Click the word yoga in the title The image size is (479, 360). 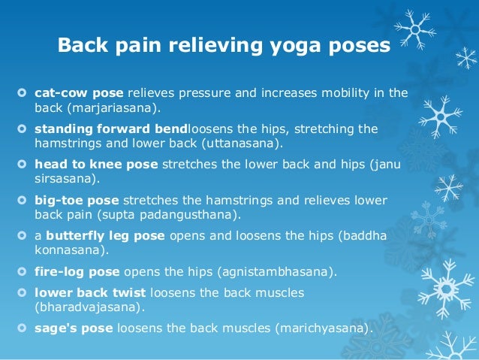point(295,46)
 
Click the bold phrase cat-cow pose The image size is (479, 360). point(79,93)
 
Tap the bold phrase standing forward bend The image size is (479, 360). point(111,129)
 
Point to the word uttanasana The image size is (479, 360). point(240,143)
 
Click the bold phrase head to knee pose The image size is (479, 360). point(96,165)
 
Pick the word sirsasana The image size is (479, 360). point(63,179)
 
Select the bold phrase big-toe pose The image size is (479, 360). point(77,201)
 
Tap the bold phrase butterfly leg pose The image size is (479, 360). point(105,236)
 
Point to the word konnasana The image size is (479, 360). point(68,250)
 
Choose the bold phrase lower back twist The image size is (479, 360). point(90,292)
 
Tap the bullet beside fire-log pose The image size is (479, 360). point(22,271)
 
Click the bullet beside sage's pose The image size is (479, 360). point(22,328)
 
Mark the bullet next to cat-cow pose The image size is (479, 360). point(22,92)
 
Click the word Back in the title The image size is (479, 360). point(83,44)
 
